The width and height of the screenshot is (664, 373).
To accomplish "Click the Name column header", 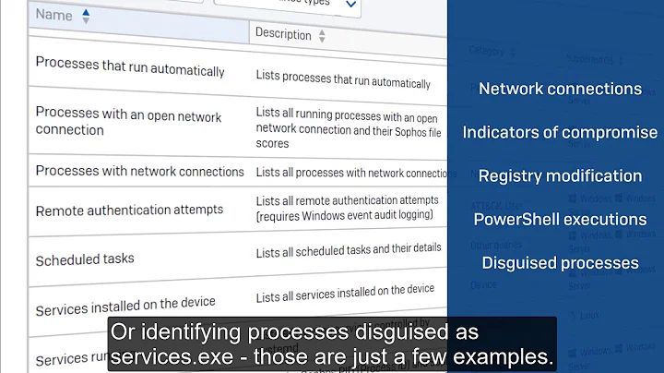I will [x=53, y=16].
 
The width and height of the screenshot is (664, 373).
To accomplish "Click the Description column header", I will [x=283, y=35].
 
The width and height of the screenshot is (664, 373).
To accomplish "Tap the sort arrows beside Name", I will [x=86, y=16].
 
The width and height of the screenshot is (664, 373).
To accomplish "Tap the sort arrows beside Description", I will [x=322, y=36].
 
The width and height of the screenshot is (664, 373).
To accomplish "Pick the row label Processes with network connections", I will [x=139, y=172].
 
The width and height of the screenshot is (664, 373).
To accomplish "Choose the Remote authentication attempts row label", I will [x=129, y=211].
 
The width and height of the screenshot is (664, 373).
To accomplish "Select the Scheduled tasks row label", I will [x=85, y=259].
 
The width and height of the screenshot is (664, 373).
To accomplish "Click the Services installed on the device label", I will [x=125, y=306].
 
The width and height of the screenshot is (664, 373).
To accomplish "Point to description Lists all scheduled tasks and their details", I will [x=349, y=248].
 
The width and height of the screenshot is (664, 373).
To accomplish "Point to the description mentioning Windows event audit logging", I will [x=349, y=209].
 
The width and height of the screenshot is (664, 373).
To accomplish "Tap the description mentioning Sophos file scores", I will [x=349, y=128].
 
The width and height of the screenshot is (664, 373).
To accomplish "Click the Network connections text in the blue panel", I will [x=560, y=90].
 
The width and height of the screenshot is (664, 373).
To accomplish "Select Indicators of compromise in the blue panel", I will [x=560, y=132].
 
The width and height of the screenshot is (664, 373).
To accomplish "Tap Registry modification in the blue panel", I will [x=560, y=175].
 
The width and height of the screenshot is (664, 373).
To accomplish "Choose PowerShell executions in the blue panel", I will [x=560, y=219].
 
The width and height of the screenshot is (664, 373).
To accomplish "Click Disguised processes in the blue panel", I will [x=560, y=263].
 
